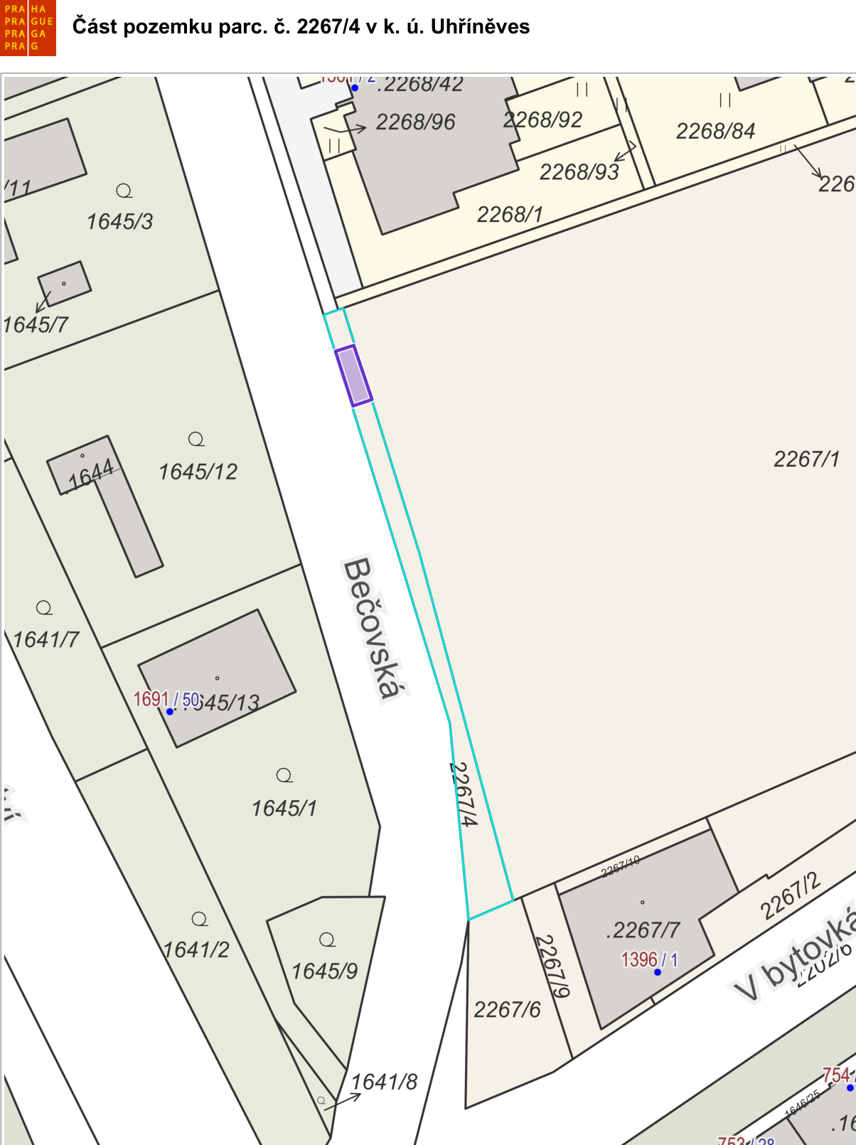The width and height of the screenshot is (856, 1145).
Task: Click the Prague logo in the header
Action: tap(28, 28)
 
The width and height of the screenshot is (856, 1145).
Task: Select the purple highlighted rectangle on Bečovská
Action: tap(353, 376)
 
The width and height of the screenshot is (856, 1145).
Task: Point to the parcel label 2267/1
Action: tap(806, 459)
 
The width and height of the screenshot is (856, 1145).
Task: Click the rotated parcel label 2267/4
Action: tap(463, 794)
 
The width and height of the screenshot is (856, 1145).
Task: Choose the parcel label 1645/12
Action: tap(198, 472)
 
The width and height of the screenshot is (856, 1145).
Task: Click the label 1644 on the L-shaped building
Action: tap(90, 474)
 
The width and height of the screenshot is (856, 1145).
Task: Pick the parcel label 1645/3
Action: tap(119, 222)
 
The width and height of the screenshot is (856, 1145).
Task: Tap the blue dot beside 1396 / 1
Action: tap(658, 972)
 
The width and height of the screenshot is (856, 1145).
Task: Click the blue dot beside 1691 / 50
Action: tap(170, 711)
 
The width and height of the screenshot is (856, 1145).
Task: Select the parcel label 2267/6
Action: tap(507, 1009)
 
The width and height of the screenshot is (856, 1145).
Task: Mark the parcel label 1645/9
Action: tap(324, 971)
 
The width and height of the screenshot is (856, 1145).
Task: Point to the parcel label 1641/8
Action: tap(385, 1082)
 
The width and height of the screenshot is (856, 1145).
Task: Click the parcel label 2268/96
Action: tap(415, 122)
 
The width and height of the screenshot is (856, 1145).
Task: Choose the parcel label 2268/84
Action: tap(715, 131)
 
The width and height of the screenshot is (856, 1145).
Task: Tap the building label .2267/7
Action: tap(643, 930)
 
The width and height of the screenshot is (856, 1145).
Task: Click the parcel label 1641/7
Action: tap(46, 639)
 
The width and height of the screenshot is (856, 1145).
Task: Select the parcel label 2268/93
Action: tap(579, 172)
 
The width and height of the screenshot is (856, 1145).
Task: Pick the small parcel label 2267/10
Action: tap(620, 867)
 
